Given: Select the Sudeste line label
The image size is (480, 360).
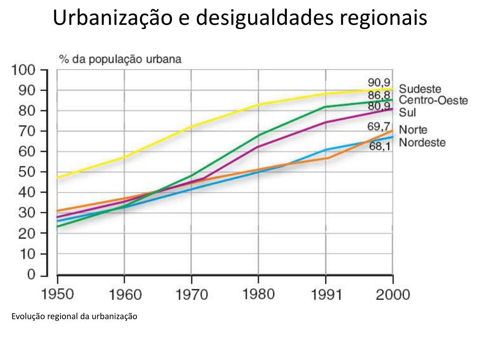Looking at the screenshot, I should [420, 89].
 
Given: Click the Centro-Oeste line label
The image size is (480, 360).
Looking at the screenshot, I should [433, 100].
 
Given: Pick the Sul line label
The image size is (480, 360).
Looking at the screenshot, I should [407, 112].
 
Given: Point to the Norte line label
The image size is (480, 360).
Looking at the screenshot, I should [413, 130].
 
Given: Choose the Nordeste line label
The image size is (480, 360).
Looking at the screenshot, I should [422, 142].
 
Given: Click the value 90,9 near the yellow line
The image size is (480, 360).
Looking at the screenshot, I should [379, 83].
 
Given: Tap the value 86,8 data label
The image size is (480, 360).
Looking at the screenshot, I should [379, 95].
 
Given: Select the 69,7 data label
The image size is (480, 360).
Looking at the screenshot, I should [379, 127].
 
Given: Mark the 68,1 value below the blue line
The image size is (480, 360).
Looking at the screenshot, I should [380, 147].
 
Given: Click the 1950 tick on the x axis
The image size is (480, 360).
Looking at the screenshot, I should [58, 294].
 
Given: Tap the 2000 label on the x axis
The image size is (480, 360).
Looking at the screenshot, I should [393, 294].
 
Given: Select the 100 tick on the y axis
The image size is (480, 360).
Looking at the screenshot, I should [23, 70].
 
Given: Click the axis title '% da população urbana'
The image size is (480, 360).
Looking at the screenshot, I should [120, 60].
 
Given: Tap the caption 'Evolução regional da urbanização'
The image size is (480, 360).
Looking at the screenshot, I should [74, 316].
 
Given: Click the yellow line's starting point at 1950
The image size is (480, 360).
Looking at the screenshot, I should [58, 178].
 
